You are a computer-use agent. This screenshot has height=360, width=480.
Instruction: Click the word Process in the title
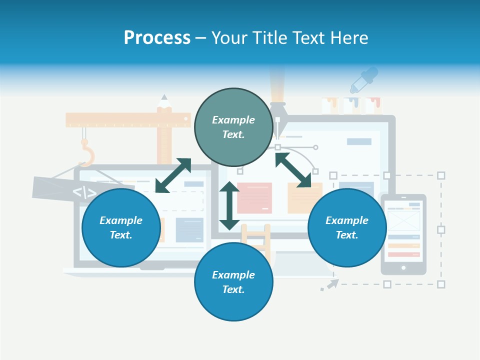click(x=157, y=38)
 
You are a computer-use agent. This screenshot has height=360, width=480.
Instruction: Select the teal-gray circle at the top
click(x=233, y=127)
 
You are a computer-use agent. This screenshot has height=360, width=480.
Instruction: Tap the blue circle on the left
click(x=121, y=227)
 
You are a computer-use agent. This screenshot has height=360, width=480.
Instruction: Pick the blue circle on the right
click(x=347, y=227)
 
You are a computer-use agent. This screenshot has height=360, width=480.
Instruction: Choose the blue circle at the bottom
click(x=233, y=282)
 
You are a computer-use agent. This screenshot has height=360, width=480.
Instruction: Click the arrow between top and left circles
click(x=173, y=175)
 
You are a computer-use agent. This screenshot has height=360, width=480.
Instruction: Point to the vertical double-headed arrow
click(x=229, y=205)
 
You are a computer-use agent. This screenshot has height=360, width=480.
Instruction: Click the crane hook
click(x=87, y=153)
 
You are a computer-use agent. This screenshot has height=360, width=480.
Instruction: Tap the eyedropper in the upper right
click(x=363, y=79)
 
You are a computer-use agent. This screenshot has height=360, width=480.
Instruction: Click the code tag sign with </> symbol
click(x=84, y=192)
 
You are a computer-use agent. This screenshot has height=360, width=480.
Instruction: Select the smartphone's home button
click(x=403, y=268)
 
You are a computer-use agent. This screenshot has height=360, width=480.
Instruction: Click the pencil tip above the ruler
click(x=164, y=98)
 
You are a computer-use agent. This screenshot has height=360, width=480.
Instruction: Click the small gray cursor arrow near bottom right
click(x=330, y=285)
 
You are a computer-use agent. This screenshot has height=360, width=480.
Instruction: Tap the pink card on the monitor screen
click(x=254, y=197)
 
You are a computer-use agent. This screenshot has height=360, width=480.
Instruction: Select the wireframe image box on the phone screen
click(x=403, y=220)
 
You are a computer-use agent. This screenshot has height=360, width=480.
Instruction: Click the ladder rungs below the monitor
click(x=255, y=240)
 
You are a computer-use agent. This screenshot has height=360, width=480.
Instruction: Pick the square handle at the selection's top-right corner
click(x=441, y=175)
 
